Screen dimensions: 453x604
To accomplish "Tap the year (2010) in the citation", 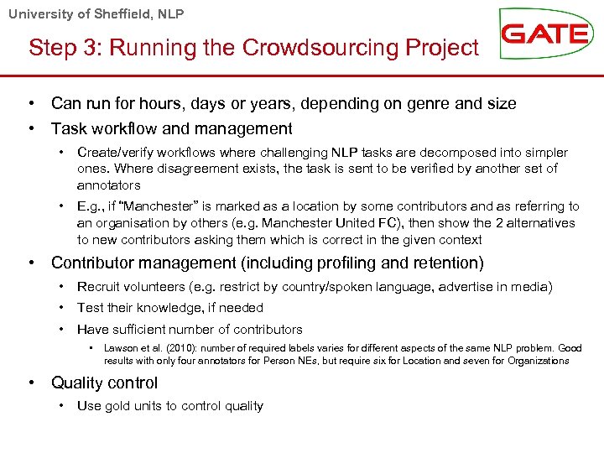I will [168, 348].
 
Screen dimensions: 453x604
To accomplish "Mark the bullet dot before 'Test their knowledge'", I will [63, 308].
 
